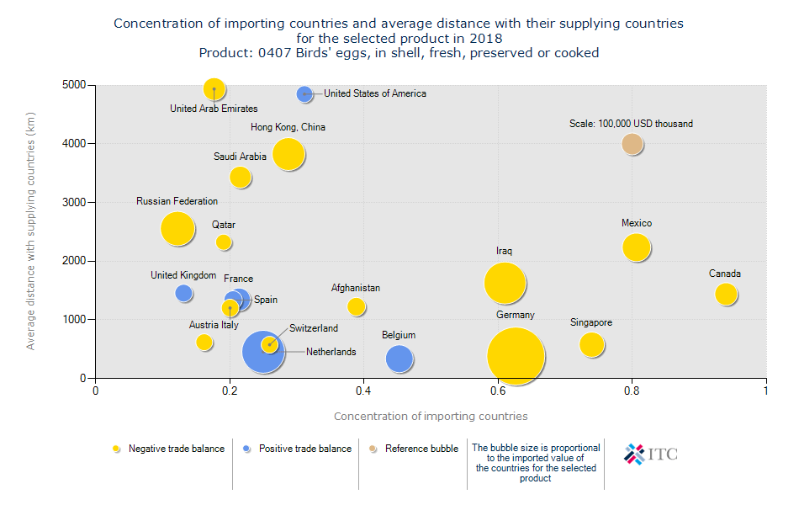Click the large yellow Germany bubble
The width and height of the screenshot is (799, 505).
[x=516, y=356]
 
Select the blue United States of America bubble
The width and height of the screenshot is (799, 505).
[x=304, y=94]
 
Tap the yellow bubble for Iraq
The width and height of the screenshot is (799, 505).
[x=505, y=284]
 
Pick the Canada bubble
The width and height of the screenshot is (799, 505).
[x=726, y=294]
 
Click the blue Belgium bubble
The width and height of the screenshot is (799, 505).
[x=399, y=359]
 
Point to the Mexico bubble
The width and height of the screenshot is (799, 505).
[x=637, y=247]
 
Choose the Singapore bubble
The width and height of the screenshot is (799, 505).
[x=592, y=345]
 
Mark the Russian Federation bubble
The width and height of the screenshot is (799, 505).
[x=177, y=228]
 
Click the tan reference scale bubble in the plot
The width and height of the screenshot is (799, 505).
[x=632, y=144]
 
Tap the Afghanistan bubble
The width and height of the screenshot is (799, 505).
[x=356, y=306]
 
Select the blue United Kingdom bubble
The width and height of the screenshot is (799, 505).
[x=183, y=293]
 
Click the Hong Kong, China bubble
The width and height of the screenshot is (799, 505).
[x=288, y=154]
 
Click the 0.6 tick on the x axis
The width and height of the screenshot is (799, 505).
[x=498, y=391]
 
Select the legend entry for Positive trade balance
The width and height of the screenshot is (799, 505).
[x=297, y=449]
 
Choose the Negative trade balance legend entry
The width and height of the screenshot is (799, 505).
[x=168, y=449]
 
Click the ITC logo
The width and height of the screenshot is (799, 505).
[x=650, y=454]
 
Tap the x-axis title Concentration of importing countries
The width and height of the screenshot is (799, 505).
[x=431, y=416]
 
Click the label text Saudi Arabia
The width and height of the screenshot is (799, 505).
[x=240, y=157]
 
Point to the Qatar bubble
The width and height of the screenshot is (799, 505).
[x=224, y=242]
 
